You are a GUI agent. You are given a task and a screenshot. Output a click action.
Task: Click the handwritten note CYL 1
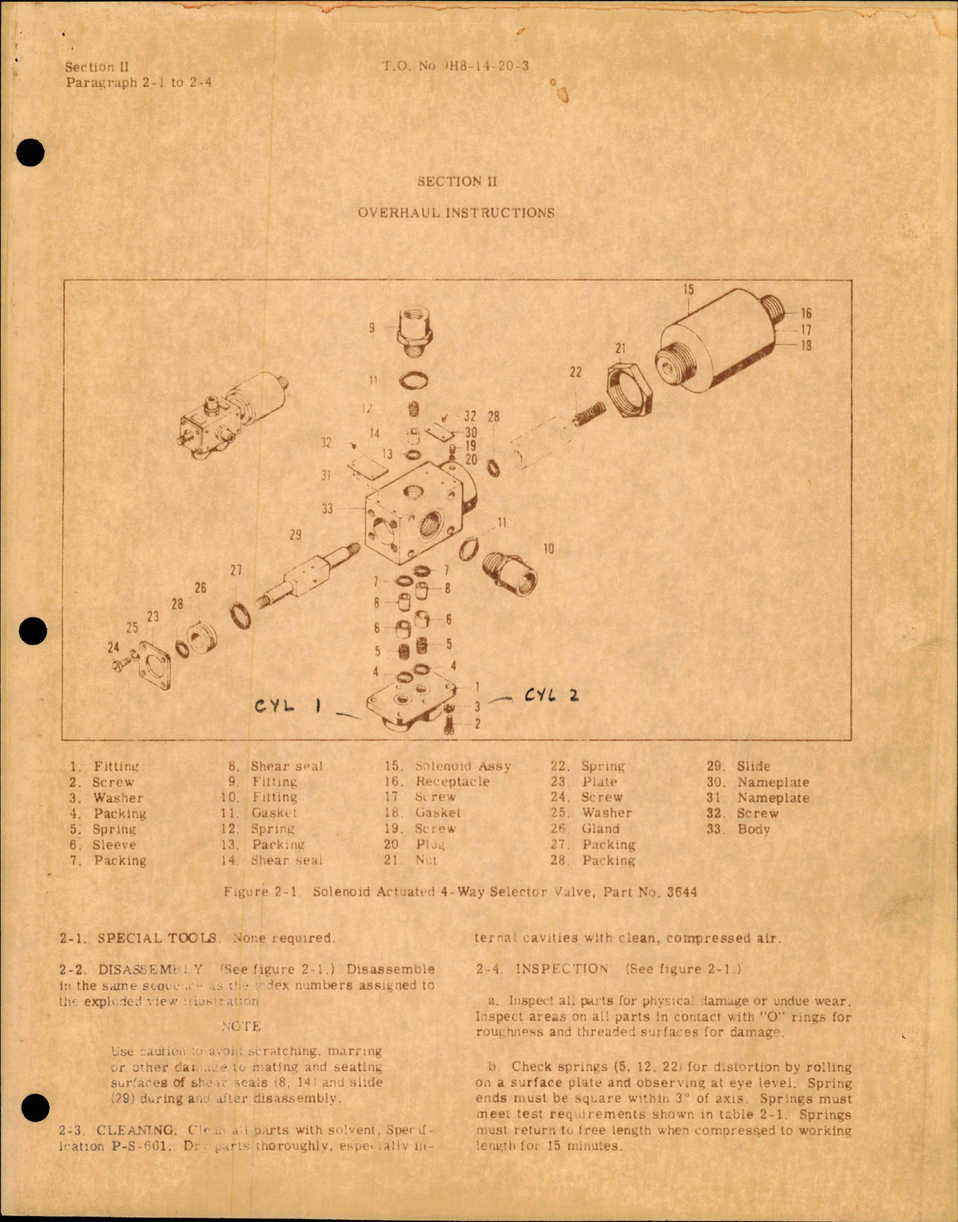pyautogui.click(x=288, y=706)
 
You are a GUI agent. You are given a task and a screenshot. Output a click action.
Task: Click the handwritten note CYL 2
pyautogui.click(x=552, y=695)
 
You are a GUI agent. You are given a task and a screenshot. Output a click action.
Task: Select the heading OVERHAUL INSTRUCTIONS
pyautogui.click(x=456, y=213)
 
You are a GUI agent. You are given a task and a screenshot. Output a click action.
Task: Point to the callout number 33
pyautogui.click(x=327, y=509)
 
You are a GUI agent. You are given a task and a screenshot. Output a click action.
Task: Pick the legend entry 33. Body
pyautogui.click(x=742, y=830)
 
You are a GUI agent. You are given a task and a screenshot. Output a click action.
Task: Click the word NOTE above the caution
pyautogui.click(x=241, y=1026)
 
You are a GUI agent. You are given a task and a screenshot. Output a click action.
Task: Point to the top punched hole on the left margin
pyautogui.click(x=31, y=153)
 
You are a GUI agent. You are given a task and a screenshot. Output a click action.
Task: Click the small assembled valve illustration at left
pyautogui.click(x=229, y=416)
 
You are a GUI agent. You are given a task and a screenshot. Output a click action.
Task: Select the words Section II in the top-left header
pyautogui.click(x=97, y=67)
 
